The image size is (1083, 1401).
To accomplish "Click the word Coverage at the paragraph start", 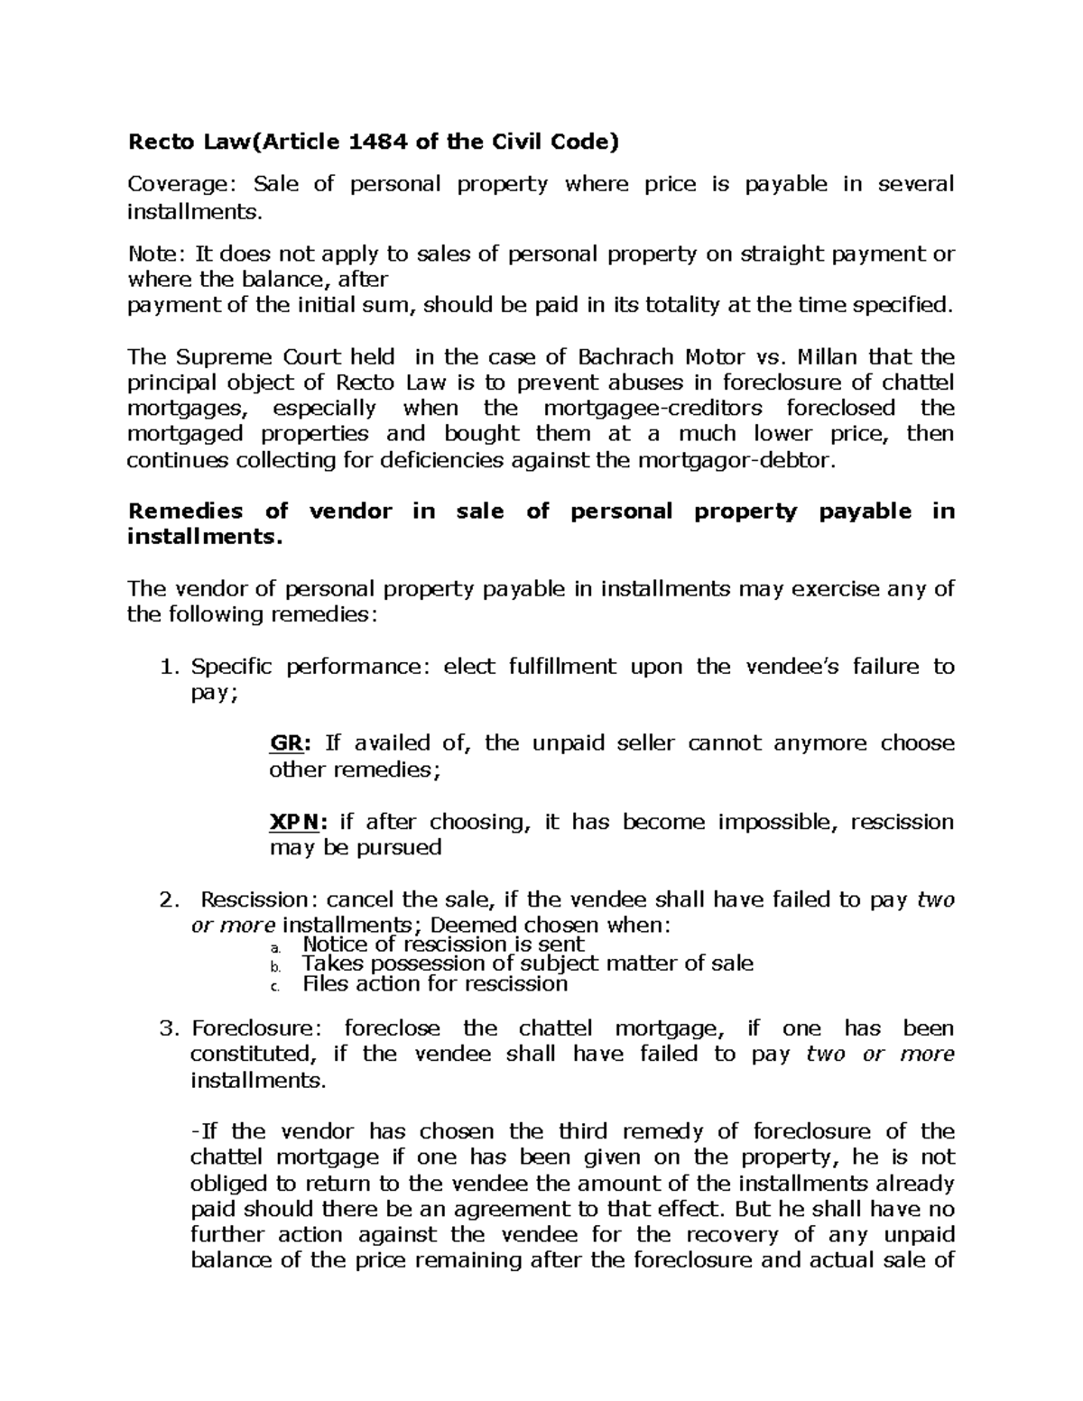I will tap(176, 185).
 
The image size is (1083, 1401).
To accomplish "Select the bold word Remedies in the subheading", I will tap(185, 512).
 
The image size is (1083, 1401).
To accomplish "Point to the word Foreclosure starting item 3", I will tap(254, 1029).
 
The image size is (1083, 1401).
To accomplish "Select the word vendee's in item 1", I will tap(791, 668).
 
